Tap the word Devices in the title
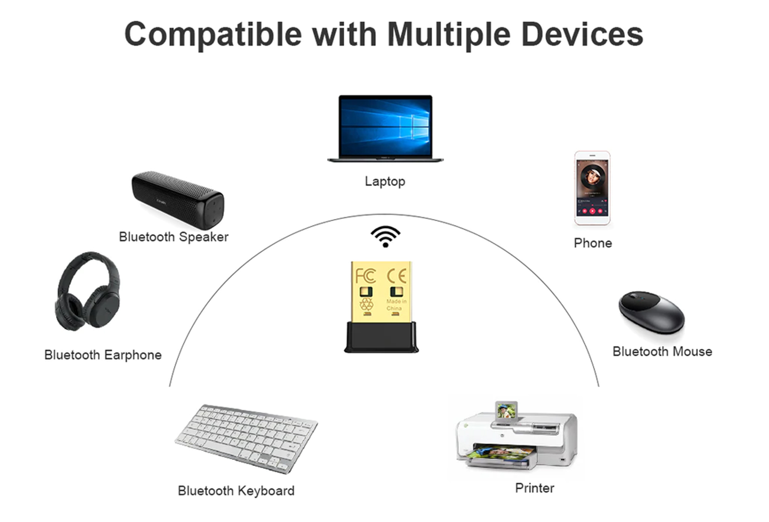(x=582, y=34)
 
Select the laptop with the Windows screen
(x=385, y=128)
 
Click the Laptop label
(x=385, y=182)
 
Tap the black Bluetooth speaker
(x=178, y=200)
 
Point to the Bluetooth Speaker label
(x=173, y=237)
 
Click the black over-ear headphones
(x=88, y=291)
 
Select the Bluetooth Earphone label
(x=103, y=355)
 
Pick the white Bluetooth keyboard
(x=246, y=439)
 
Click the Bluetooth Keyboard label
(x=236, y=491)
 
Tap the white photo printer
(x=517, y=435)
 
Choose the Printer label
(x=535, y=488)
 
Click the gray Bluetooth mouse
(x=652, y=312)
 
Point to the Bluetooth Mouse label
(x=662, y=352)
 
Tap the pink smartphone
(x=592, y=188)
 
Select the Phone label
(x=593, y=243)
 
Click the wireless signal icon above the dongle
(x=385, y=236)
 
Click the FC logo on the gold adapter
(x=366, y=276)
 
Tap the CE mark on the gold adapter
(x=397, y=276)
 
